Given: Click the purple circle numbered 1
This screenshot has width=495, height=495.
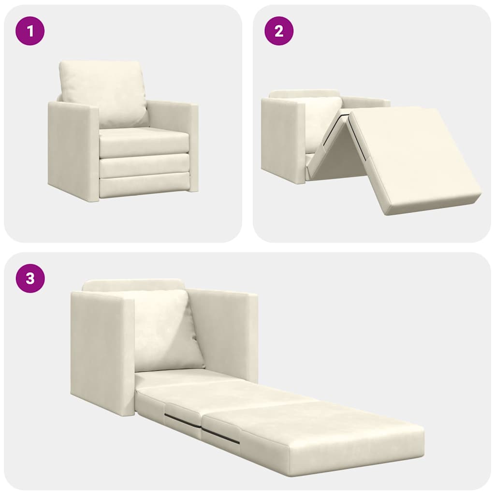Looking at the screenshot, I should pos(30,31).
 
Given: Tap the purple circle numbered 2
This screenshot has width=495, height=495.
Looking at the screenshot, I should pos(279,31).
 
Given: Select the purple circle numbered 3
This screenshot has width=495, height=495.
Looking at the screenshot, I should pos(30,278).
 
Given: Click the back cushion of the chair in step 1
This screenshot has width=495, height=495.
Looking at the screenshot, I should pos(103,92).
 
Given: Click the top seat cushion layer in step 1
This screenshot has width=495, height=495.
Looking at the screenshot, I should pos(144,143).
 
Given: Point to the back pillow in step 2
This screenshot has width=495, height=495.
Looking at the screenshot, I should pos(321,118).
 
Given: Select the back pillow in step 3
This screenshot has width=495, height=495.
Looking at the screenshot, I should pos(164,331).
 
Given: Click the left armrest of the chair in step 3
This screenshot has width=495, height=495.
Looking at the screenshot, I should pos(102,353).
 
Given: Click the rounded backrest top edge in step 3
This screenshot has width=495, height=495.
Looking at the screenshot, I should pos(133,284).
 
